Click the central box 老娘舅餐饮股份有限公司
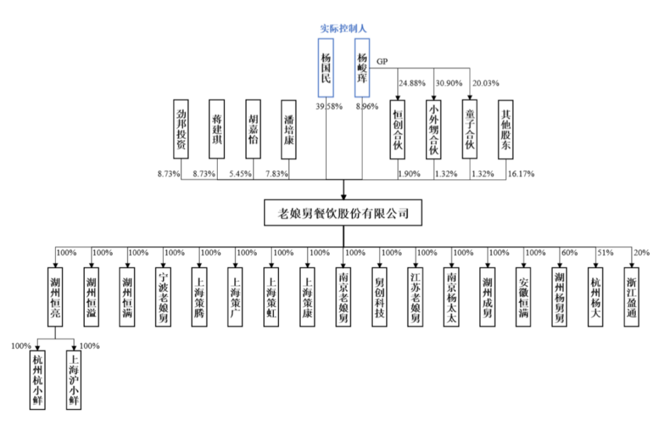tap(344, 213)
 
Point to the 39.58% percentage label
tap(328, 107)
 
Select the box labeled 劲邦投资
tap(181, 128)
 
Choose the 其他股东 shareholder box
tap(506, 128)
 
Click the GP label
tap(382, 61)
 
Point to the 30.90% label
tap(449, 82)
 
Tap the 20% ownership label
tap(641, 252)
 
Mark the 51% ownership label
tap(605, 252)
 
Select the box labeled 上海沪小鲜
tap(74, 379)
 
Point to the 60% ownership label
tap(569, 252)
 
